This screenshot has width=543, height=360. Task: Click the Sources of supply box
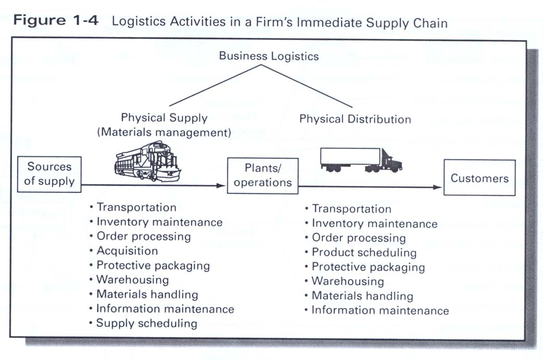click(49, 174)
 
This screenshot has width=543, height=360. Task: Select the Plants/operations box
click(262, 175)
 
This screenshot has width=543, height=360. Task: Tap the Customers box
click(479, 178)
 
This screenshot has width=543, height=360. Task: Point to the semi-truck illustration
click(361, 159)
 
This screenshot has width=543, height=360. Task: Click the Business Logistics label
click(269, 56)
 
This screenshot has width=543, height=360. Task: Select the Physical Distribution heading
click(355, 119)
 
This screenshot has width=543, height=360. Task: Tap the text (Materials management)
click(164, 132)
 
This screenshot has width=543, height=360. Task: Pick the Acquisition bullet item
click(127, 251)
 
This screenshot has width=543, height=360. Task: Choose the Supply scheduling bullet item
click(147, 324)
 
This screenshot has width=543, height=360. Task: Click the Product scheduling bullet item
click(364, 253)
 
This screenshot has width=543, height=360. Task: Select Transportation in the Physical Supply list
click(136, 207)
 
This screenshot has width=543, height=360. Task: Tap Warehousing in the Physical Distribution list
click(347, 281)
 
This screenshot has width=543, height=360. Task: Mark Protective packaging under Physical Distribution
click(368, 267)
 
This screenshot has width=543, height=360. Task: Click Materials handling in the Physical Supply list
click(147, 294)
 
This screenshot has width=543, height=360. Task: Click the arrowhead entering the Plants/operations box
click(223, 185)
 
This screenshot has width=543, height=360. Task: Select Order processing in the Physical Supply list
click(144, 236)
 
